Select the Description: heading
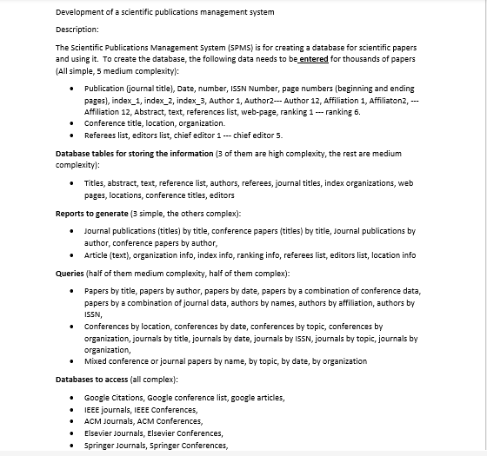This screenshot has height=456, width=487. point(77,30)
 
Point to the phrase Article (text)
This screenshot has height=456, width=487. point(108,255)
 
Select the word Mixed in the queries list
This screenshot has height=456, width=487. point(96,361)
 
